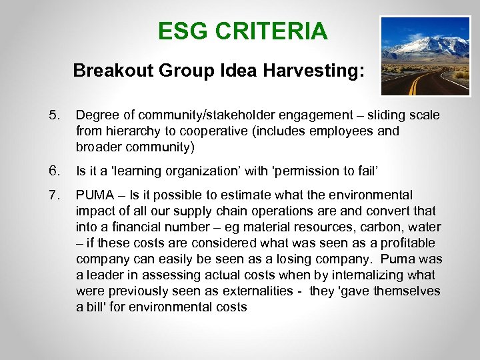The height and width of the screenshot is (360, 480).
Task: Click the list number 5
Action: [55, 115]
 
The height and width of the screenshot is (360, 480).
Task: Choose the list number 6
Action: [55, 171]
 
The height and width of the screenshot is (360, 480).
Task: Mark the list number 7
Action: [55, 195]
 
